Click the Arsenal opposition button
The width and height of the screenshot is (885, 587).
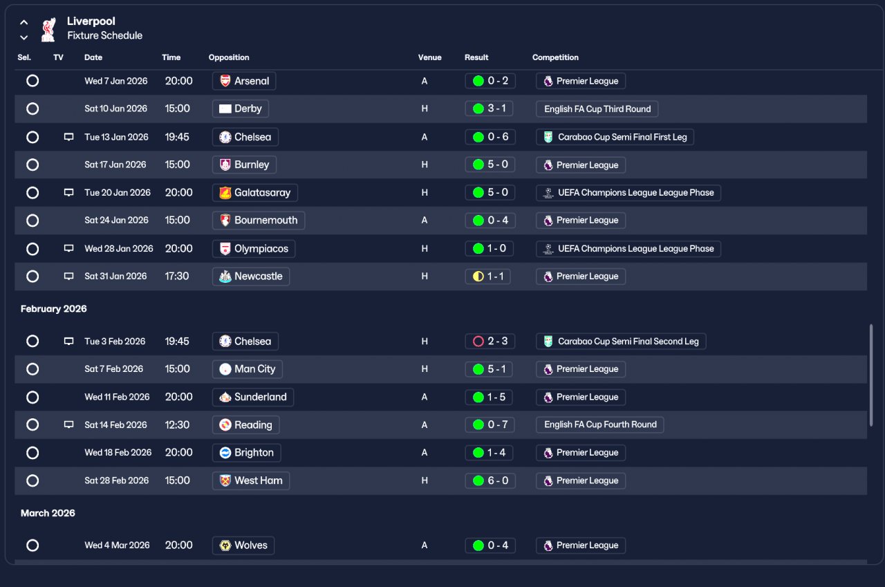(244, 81)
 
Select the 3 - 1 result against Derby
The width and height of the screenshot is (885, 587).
(489, 109)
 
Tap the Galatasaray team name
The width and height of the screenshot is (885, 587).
(262, 193)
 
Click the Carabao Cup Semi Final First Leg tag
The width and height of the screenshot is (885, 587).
(615, 137)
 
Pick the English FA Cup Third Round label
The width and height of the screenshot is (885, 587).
(597, 109)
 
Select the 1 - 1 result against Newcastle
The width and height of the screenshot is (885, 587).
(487, 277)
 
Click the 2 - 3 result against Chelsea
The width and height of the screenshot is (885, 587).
(490, 342)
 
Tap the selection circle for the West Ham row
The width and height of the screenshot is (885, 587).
(32, 481)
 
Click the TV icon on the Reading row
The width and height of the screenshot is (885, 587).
(68, 425)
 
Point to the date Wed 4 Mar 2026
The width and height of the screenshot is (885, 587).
(117, 545)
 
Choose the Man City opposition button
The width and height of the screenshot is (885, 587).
(248, 369)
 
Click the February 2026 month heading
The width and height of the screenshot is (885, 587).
(54, 309)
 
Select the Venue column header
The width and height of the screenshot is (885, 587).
(430, 57)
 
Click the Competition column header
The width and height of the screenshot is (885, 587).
(555, 57)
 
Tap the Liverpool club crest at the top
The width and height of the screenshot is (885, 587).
(48, 29)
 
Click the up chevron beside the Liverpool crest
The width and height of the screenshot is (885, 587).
(24, 22)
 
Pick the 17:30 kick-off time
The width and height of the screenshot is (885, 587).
(176, 276)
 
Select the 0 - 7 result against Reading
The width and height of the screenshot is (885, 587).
(490, 425)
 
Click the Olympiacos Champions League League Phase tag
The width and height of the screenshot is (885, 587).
(628, 249)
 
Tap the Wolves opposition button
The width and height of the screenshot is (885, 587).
(243, 546)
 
